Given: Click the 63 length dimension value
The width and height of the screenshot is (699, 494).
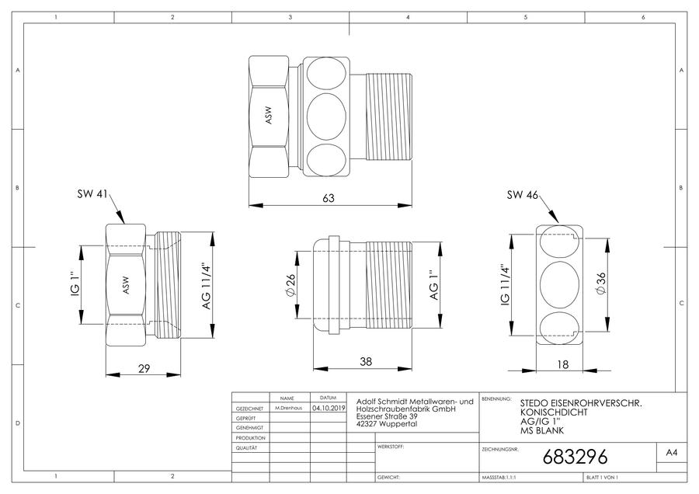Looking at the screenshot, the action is point(329,198).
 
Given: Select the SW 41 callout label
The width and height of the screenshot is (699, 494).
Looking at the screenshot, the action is point(92,194).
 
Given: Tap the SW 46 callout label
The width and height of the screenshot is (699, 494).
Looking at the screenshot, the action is point(523,195).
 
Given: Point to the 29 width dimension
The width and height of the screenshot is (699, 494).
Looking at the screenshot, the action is point(144,369).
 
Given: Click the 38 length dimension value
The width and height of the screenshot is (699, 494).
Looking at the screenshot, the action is point(366,362).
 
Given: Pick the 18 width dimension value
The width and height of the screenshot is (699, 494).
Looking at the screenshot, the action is point(563,365).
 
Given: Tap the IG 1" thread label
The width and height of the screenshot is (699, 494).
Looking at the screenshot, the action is point(75,284).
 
